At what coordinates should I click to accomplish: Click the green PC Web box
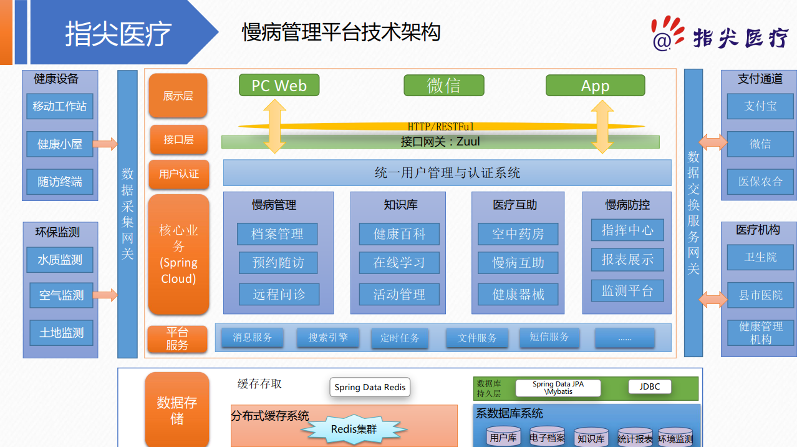pos(279,86)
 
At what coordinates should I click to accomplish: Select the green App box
pos(595,86)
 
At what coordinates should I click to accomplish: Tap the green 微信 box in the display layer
pos(443,86)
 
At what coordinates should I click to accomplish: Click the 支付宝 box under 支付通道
pos(760,106)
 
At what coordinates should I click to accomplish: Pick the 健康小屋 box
pos(60,144)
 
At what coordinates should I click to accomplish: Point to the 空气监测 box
pos(61,295)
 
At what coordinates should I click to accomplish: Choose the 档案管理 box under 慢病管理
pos(278,234)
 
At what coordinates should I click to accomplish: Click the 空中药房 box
pos(518,234)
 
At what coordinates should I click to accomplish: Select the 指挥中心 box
pos(627,230)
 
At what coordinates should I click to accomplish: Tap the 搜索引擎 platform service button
pos(328,338)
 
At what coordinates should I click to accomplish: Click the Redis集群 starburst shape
pos(354,429)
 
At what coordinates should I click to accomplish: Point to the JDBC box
pos(649,387)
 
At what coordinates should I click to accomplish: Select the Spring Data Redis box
pos(370,387)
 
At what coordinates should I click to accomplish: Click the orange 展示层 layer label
pos(178,96)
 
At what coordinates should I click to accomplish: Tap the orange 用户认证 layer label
pos(178,174)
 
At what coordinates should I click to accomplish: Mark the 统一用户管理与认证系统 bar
pos(447,173)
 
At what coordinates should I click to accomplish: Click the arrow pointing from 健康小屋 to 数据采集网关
pos(105,144)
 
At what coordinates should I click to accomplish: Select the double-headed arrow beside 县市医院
pos(712,299)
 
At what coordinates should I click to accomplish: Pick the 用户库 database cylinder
pos(503,437)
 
